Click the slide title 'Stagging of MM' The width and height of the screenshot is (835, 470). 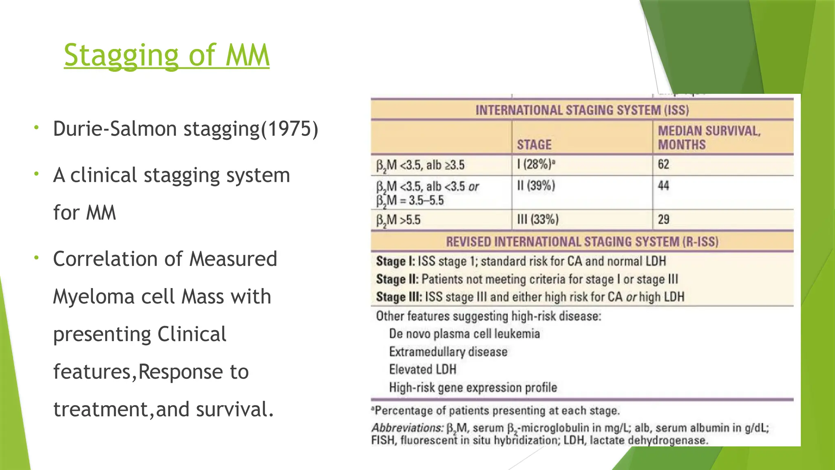tap(166, 55)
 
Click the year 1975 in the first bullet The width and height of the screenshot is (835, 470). tap(289, 129)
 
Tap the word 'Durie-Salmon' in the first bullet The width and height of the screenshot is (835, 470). tap(115, 129)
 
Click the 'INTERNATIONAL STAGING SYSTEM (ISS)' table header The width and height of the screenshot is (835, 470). tap(582, 110)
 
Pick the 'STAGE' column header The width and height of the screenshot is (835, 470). tap(534, 145)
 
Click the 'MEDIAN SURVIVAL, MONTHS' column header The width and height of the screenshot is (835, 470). tap(709, 137)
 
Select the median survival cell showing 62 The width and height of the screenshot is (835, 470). tap(663, 164)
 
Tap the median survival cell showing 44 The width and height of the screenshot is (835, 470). tap(663, 186)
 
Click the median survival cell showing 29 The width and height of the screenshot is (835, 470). tap(663, 219)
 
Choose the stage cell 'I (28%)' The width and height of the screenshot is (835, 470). tap(536, 164)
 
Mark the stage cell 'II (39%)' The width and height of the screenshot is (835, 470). tap(536, 186)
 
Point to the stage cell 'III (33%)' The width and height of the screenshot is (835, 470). tap(537, 219)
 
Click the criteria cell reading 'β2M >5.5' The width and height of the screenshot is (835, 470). tap(398, 220)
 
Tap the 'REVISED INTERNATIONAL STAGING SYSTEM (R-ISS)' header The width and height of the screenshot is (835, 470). tap(582, 242)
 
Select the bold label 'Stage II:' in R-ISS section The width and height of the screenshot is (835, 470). tap(397, 279)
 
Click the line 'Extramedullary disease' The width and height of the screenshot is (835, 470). tap(448, 352)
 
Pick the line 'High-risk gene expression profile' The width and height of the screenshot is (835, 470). tap(473, 388)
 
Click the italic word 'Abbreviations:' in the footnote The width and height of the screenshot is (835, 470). tap(407, 428)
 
